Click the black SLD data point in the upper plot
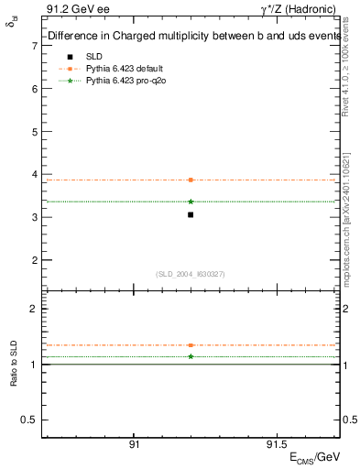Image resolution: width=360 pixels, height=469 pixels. coord(191,214)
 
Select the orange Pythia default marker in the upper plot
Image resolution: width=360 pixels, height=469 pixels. coord(191,180)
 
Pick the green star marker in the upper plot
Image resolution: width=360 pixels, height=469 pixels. coord(191,202)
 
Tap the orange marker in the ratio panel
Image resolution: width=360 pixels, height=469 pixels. coord(191,345)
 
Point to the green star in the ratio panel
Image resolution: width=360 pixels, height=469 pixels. coord(191,356)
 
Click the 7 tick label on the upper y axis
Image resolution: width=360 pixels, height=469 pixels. coord(34,46)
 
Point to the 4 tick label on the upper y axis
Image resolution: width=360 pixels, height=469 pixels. coord(34,174)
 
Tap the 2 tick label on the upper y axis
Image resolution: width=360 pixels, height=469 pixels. coord(34,260)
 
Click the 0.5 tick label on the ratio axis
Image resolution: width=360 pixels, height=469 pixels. coord(30,420)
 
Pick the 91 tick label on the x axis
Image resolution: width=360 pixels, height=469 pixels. coord(134,442)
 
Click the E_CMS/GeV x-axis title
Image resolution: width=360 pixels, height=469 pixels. coord(315,457)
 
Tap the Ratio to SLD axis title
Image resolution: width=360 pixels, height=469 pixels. coord(14,365)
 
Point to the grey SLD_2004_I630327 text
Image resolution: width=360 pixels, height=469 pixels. coord(191,274)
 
